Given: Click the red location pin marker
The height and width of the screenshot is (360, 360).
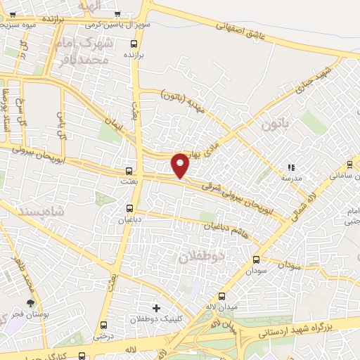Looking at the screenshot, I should [181, 165].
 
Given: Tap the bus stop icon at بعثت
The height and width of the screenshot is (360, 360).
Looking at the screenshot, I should [128, 171].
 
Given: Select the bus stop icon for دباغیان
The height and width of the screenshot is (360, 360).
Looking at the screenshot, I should [129, 207].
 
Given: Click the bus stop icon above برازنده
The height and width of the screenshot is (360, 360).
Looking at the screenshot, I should [133, 43].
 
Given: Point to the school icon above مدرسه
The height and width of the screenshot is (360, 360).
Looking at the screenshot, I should [290, 168].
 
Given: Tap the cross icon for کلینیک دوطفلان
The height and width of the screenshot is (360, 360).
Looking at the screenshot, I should [156, 308].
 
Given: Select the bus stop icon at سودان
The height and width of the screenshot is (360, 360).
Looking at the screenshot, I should [256, 259].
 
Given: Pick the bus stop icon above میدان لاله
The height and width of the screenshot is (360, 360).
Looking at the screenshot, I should [222, 296].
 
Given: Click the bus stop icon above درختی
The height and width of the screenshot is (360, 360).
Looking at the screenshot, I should [104, 325].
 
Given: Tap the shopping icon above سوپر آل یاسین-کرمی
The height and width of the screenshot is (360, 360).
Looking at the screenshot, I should [117, 13].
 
